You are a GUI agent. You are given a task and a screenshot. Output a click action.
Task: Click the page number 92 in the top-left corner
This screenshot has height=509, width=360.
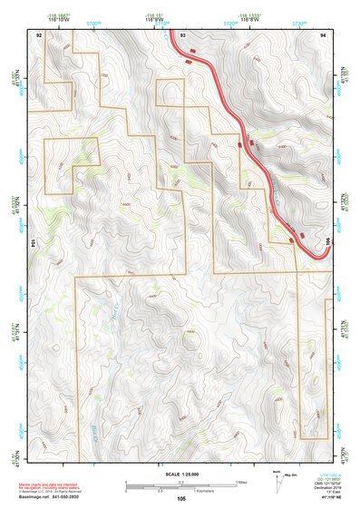(x=39, y=33)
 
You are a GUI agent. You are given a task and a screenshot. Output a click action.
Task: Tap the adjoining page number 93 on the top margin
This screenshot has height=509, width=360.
(x=182, y=33)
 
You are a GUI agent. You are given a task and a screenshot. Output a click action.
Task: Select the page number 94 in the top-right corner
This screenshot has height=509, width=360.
(x=323, y=33)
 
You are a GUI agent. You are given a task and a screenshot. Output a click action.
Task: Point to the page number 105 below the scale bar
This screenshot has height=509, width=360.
(x=181, y=498)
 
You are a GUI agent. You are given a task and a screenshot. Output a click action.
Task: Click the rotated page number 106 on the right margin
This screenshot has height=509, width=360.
(x=328, y=244)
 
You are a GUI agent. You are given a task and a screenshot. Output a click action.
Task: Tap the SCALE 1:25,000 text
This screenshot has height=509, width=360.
(x=180, y=474)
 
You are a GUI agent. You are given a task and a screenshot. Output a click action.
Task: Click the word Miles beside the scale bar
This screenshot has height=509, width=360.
(x=240, y=482)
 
